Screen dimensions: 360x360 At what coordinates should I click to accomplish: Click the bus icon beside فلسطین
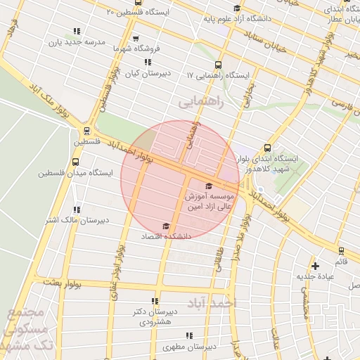coord(86,130)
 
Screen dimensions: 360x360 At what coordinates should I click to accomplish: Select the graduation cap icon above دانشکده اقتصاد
coord(166,226)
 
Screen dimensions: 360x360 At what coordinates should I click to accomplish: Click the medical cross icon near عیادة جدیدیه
coord(316,266)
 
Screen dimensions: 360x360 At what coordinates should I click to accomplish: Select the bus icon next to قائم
coord(341,250)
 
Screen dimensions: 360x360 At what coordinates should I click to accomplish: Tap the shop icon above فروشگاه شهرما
coord(135,38)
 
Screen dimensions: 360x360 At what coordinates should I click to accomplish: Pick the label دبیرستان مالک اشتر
coord(76,220)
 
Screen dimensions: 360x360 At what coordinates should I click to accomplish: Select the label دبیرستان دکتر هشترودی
coord(155,316)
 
